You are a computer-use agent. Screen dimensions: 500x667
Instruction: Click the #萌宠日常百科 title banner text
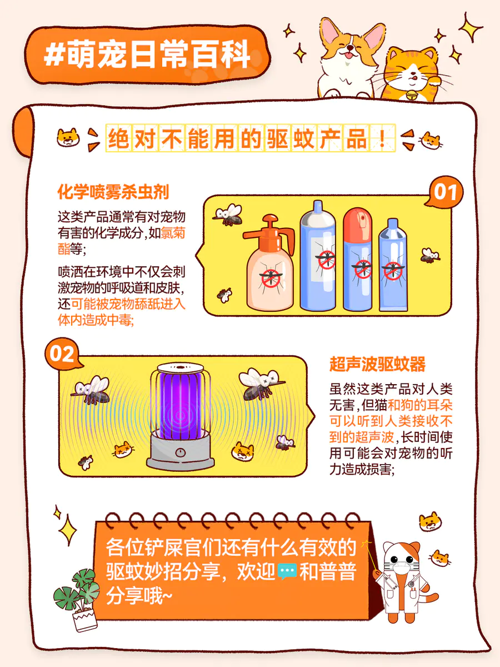pos(148,54)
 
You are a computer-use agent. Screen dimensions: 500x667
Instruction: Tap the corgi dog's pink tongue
pos(348,55)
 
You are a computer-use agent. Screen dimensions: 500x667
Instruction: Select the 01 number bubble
pos(444,192)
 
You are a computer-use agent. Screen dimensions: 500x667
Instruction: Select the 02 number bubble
pos(62,354)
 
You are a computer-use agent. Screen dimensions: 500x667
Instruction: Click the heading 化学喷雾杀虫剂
pos(113,192)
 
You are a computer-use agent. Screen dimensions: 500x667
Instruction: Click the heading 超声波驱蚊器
pos(377,364)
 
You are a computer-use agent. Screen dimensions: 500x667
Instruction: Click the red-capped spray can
pos(358,259)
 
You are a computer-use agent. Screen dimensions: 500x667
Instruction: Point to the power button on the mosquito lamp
pos(181,452)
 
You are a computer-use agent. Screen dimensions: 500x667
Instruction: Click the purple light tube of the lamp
pos(181,405)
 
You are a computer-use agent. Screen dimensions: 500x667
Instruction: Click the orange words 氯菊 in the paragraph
pos(173,233)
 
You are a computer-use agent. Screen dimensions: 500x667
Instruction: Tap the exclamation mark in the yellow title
pos(382,138)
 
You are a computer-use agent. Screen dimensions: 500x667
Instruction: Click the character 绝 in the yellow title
pos(118,138)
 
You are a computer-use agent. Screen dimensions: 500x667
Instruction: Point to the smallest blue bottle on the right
pos(393,265)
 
